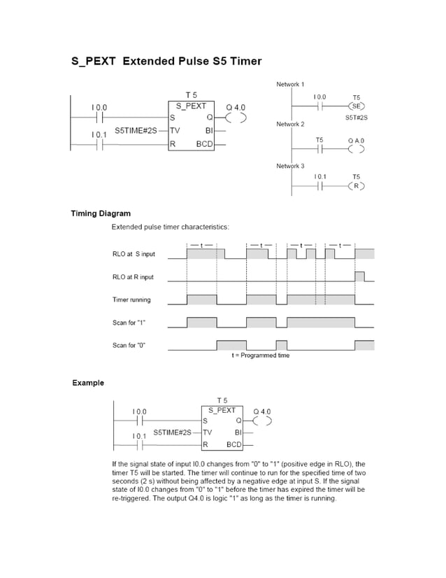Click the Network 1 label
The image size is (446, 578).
[x=290, y=84]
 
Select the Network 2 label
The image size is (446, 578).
[x=290, y=125]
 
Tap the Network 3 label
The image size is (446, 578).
[x=290, y=166]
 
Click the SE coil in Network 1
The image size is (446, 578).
[x=357, y=106]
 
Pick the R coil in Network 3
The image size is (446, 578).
[x=357, y=186]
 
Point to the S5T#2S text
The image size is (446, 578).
[x=357, y=118]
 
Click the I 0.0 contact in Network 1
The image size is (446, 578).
[x=320, y=106]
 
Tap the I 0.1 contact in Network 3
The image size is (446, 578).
[x=320, y=186]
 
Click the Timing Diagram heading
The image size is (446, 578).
[x=101, y=213]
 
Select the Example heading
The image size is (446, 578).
[x=88, y=383]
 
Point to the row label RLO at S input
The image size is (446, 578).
[x=134, y=253]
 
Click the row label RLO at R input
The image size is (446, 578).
[x=133, y=277]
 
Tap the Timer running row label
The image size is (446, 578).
[x=131, y=300]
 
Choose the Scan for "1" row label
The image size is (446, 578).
[x=129, y=323]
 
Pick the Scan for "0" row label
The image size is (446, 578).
[x=129, y=346]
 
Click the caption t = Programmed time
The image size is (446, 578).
[x=260, y=355]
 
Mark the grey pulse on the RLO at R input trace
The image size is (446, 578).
[x=359, y=276]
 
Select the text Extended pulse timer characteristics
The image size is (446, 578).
[x=170, y=227]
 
